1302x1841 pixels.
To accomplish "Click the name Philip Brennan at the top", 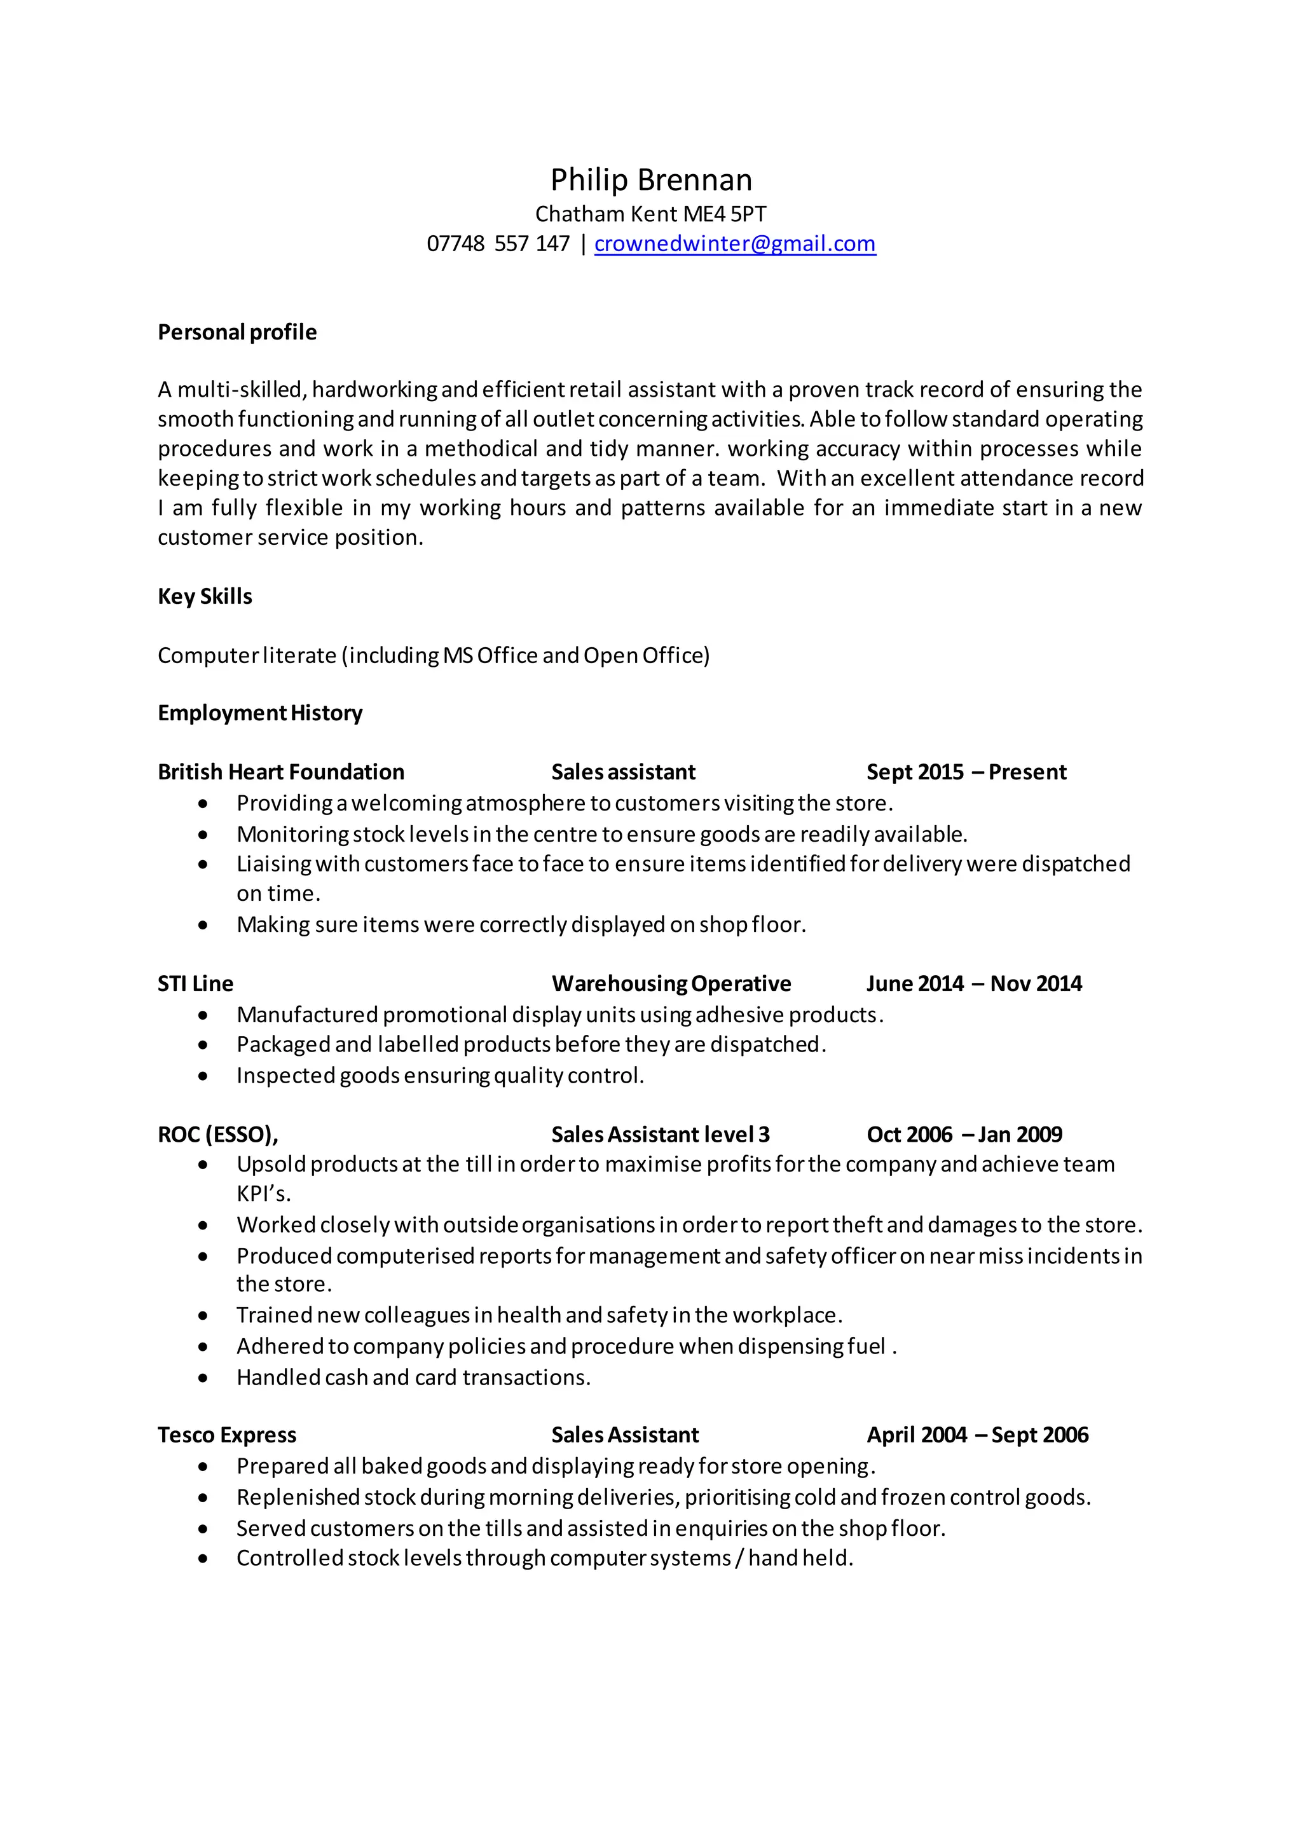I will point(651,180).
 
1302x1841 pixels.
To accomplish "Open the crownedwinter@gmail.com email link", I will point(734,243).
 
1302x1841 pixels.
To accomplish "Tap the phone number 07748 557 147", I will point(497,243).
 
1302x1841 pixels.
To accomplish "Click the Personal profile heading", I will point(236,332).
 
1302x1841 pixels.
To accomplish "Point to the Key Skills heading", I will point(205,596).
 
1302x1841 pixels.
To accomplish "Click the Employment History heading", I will point(260,713).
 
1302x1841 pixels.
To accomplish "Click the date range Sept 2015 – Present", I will point(966,772).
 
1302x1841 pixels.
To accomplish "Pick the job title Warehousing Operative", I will point(671,984).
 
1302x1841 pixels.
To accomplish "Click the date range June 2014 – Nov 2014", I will point(974,984).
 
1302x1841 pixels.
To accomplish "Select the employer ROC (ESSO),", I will point(217,1135).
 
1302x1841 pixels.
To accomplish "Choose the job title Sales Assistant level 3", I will point(660,1135).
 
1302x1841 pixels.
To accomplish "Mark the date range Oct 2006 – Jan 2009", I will point(964,1135).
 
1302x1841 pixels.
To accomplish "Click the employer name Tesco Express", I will point(227,1435).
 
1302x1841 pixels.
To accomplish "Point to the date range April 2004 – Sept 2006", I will point(977,1435).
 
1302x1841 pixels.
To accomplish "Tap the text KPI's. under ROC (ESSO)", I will point(263,1194).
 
